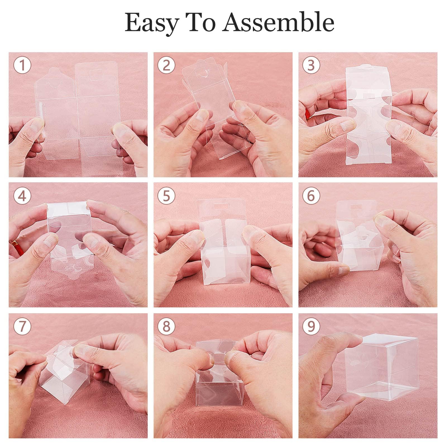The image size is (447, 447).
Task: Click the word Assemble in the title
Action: [x=278, y=22]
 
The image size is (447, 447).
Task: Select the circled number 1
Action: [x=22, y=65]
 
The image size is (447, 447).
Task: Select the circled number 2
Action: [x=166, y=65]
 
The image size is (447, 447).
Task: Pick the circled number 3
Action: [x=311, y=65]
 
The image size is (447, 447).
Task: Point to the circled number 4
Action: [x=22, y=196]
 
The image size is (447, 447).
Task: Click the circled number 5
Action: [x=166, y=196]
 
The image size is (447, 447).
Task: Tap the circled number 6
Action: [x=311, y=196]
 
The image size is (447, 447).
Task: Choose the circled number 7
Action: [x=22, y=326]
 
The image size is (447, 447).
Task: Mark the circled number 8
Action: [x=166, y=326]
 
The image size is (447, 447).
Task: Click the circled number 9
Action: [x=311, y=326]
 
